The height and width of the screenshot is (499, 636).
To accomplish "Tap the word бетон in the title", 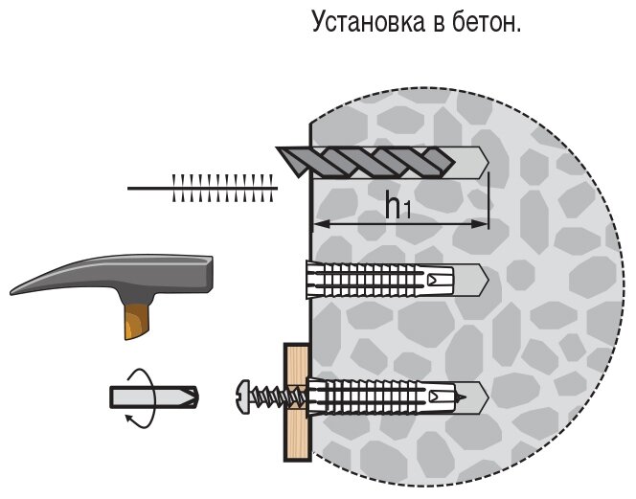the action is pyautogui.click(x=488, y=22).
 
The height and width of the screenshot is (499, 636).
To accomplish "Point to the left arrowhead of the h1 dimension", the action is pyautogui.click(x=319, y=224).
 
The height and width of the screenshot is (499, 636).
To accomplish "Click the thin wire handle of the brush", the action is pyautogui.click(x=148, y=189).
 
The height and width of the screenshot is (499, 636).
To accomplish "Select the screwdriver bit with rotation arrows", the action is pyautogui.click(x=154, y=396).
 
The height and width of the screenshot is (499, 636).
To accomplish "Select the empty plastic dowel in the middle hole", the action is pyautogui.click(x=383, y=281).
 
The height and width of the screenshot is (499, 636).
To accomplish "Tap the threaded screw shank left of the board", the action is pyautogui.click(x=267, y=394).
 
